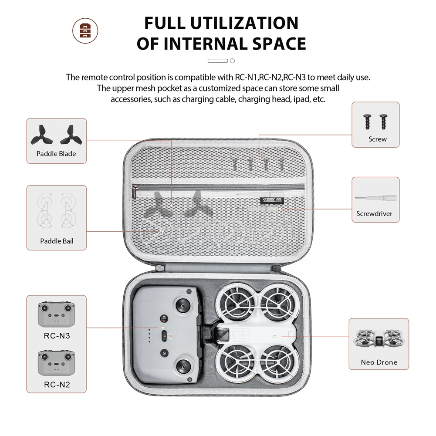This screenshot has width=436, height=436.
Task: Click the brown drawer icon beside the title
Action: pyautogui.click(x=85, y=30)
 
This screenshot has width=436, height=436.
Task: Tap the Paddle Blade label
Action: pyautogui.click(x=56, y=153)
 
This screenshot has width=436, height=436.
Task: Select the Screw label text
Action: pyautogui.click(x=377, y=139)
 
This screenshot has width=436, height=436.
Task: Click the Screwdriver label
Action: pyautogui.click(x=374, y=213)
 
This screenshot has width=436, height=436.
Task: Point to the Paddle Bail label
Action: pyautogui.click(x=57, y=241)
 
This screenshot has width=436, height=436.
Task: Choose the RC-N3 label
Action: pyautogui.click(x=57, y=336)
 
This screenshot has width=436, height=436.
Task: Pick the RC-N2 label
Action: pyautogui.click(x=57, y=385)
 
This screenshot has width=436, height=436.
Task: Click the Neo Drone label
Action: pyautogui.click(x=379, y=362)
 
